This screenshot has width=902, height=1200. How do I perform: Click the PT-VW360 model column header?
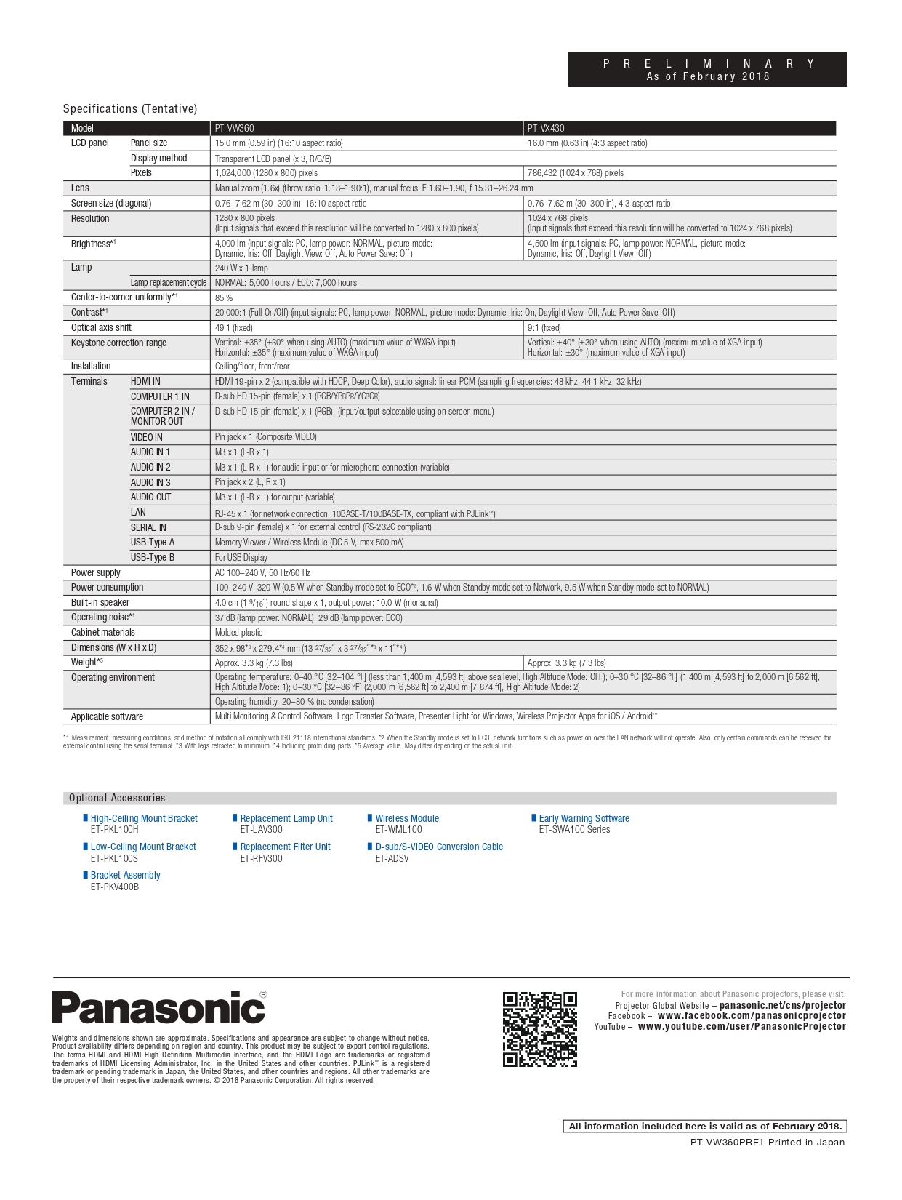tap(235, 129)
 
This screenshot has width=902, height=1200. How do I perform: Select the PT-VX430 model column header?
tap(546, 129)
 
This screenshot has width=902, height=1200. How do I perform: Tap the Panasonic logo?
tap(158, 1008)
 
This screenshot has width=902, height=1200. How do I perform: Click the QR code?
tap(540, 1029)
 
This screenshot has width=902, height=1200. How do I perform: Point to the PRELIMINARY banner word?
tap(708, 64)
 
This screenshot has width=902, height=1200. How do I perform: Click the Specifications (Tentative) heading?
tap(130, 109)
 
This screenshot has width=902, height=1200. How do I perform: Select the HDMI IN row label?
tap(145, 382)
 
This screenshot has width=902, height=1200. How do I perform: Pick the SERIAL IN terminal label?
tap(148, 527)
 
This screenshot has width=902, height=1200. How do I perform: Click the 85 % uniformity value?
tap(224, 298)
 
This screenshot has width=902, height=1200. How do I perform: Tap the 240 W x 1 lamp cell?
tap(241, 268)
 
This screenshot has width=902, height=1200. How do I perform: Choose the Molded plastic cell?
tap(238, 633)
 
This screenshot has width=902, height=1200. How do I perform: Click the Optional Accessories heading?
tap(117, 798)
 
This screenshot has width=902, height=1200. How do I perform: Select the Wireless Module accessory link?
tap(407, 819)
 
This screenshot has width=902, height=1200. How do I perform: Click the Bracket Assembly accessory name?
tap(125, 876)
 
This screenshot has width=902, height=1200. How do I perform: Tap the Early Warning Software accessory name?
tap(584, 819)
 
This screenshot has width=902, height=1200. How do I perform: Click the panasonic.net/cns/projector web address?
tap(782, 1006)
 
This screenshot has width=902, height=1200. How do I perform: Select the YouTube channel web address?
tap(741, 1027)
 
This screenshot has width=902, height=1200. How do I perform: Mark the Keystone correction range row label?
tap(118, 343)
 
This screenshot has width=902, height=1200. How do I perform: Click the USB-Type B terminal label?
tap(153, 558)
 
